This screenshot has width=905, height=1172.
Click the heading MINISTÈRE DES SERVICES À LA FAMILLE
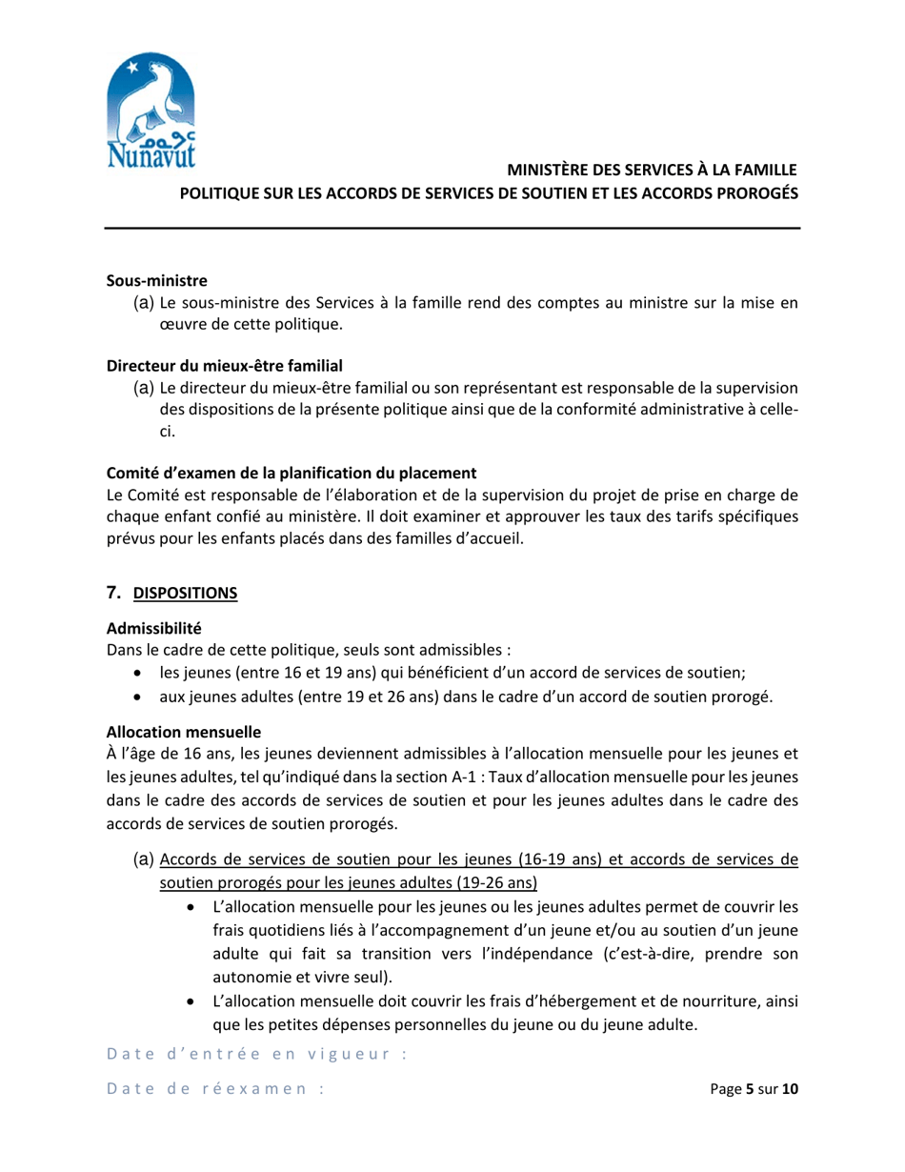coord(651,171)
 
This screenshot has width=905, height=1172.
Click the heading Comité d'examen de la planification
coord(290,473)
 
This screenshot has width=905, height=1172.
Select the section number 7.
coord(111,593)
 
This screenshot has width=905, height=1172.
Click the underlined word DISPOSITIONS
coord(185,594)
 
